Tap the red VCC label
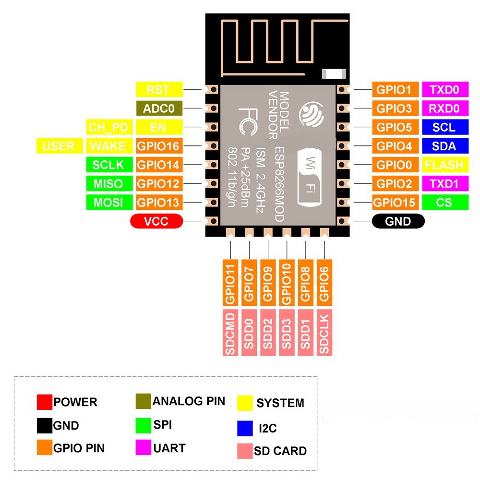(156, 221)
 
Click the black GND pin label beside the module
(398, 221)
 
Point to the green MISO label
(108, 183)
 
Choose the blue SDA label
(444, 146)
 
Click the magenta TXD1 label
(444, 183)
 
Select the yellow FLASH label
(444, 165)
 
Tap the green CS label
(444, 202)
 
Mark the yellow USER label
(59, 146)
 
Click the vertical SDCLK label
(325, 334)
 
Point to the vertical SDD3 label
(287, 334)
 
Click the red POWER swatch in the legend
(44, 402)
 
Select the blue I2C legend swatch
(245, 428)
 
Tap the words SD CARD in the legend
(280, 451)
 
